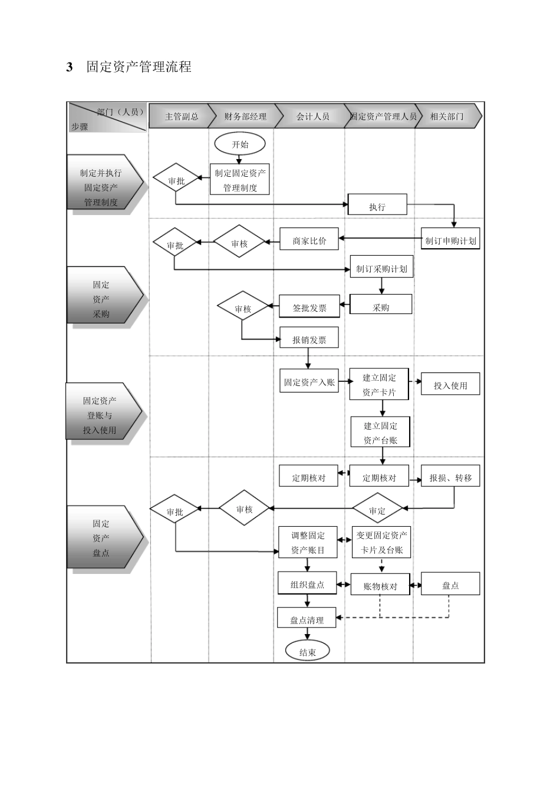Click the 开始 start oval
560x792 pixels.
tap(240, 144)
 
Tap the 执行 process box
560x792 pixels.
tap(377, 206)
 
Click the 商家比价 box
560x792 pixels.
tap(309, 240)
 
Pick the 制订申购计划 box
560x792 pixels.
tap(450, 240)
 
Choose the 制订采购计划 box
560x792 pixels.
tap(381, 268)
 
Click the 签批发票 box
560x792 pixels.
tap(309, 307)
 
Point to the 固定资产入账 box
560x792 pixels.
tap(309, 381)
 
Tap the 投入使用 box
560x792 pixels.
tap(450, 385)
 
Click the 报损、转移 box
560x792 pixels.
tap(450, 477)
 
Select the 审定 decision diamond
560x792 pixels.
tap(377, 510)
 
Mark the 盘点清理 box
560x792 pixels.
tap(307, 619)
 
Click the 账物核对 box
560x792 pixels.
tap(380, 586)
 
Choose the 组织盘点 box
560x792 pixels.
tap(307, 584)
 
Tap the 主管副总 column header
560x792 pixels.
tap(181, 116)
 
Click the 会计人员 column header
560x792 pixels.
tap(312, 116)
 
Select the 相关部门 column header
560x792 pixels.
tap(447, 116)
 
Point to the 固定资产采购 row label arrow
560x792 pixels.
tap(104, 299)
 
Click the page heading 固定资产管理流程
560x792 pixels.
tap(139, 67)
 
